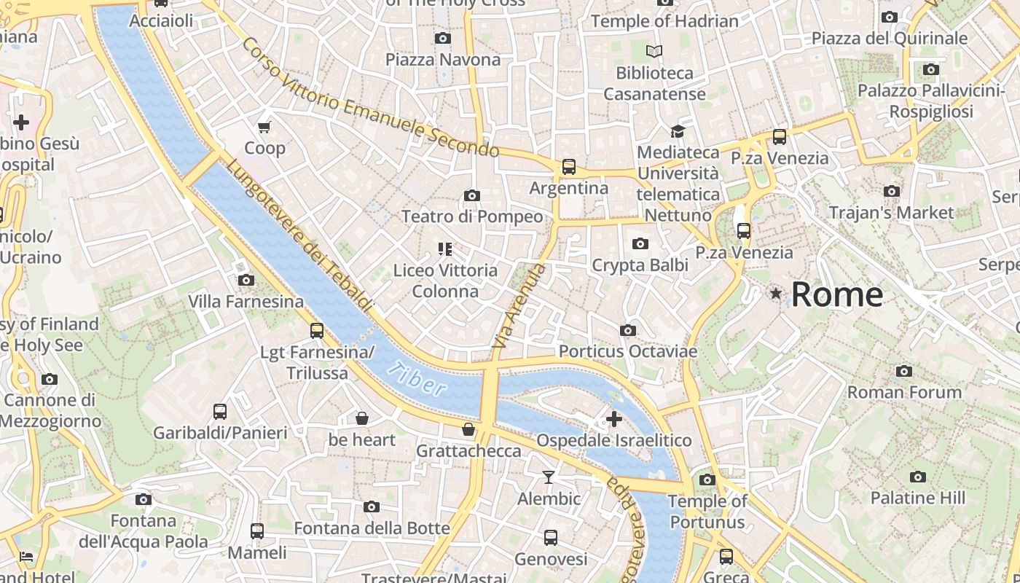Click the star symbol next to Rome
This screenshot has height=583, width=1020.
coord(776,294)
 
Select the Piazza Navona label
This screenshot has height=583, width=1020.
coord(443,60)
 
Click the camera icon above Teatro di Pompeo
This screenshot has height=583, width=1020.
coord(472,195)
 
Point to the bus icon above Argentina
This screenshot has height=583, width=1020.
coord(569,167)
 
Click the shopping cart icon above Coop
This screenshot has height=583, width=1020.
coord(264,127)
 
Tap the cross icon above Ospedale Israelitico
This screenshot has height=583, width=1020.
coord(614,419)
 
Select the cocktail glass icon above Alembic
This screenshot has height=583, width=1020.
coord(549,477)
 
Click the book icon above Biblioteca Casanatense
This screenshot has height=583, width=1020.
coord(655,52)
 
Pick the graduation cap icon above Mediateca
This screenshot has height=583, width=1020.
coord(678,131)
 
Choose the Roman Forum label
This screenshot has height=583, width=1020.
coord(904,392)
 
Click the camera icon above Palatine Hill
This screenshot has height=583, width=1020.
coord(918,477)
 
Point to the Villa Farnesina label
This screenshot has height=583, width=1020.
coord(246,301)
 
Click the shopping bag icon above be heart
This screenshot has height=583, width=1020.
coord(361,418)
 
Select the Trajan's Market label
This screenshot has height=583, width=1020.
coord(891,213)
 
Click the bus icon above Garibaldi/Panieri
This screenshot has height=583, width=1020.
coord(220,412)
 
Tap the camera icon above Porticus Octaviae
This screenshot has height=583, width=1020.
coord(628,330)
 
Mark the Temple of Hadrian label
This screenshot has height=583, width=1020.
coord(664,21)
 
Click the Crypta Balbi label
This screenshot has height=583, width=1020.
coord(640,265)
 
